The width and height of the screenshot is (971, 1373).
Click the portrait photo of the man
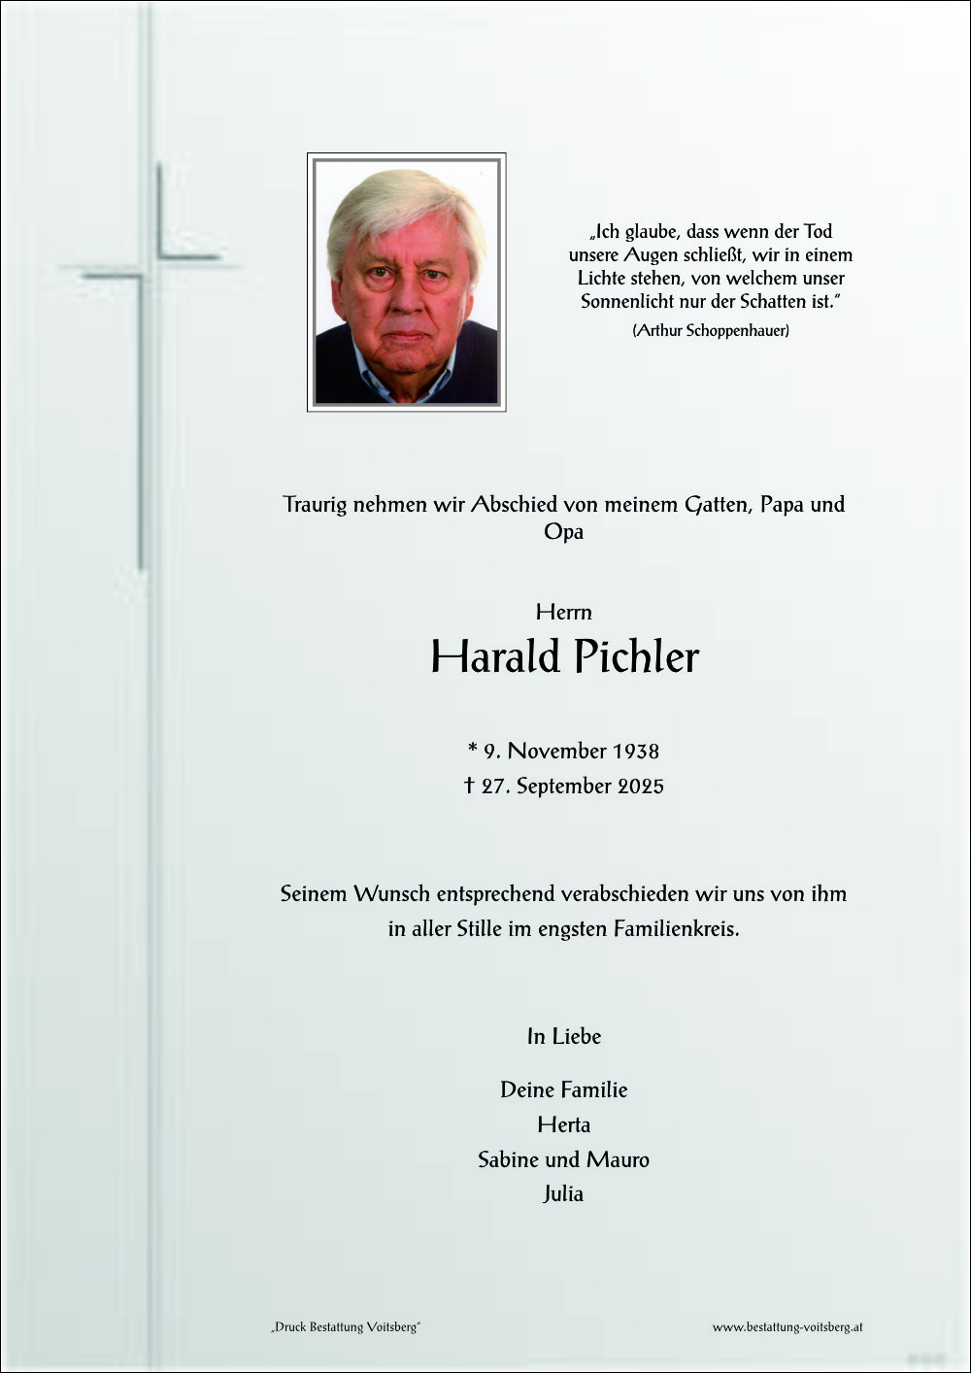pos(406,282)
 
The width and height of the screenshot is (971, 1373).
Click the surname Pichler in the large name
pos(635,657)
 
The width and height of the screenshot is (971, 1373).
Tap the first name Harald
pos(496,657)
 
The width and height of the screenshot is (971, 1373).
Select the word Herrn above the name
pos(563,613)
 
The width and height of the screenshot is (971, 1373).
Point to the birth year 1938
pos(635,752)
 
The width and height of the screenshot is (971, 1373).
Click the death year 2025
pos(640,787)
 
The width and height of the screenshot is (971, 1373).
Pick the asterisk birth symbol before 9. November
pos(473,750)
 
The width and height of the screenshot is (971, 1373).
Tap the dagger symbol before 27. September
pos(469,786)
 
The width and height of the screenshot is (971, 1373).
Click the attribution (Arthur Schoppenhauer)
pos(711,331)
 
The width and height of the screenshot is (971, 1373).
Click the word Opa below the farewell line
pos(563,532)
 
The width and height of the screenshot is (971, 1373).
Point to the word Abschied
pos(514,505)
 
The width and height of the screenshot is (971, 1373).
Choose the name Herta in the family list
pos(563,1125)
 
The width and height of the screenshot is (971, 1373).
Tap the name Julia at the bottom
pos(563,1194)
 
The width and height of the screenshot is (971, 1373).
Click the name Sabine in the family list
pos(508,1160)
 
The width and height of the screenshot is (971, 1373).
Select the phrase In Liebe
pos(563,1037)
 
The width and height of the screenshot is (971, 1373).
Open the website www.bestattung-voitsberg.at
pos(787,1327)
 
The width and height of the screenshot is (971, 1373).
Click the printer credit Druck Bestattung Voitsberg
pos(346,1327)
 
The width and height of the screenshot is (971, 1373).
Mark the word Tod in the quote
pos(818,232)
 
